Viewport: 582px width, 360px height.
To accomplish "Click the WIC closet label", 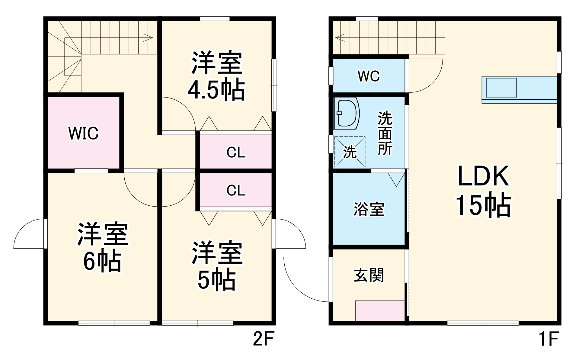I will [x=83, y=133].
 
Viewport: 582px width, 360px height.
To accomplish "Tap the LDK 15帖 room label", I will [x=483, y=191].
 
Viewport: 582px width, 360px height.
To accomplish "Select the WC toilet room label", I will [x=369, y=76].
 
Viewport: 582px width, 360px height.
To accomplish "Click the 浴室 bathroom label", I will [x=369, y=209].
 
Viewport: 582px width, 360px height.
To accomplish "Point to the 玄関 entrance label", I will [x=369, y=275].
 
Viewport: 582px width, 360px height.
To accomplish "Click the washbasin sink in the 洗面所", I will [x=347, y=113].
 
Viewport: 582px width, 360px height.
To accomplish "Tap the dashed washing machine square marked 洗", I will [x=350, y=152].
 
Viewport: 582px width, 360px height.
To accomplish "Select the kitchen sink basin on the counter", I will [x=501, y=88].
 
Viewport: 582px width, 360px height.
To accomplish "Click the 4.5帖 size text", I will [x=216, y=90].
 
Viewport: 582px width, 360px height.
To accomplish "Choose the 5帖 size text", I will [x=216, y=280].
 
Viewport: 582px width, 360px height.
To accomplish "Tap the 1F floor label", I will [x=548, y=339].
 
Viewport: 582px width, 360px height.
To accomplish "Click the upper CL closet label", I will [x=236, y=153].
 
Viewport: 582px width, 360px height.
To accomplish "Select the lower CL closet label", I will [x=236, y=191].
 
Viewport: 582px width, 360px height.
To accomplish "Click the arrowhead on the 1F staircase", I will [x=340, y=38].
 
